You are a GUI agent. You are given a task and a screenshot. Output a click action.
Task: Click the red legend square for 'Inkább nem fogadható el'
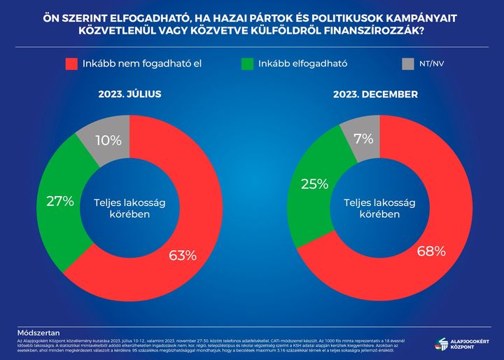(x=71, y=64)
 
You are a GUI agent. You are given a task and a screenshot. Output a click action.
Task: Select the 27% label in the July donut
(x=59, y=202)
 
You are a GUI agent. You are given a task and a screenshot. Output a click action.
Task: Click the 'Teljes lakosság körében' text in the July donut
(x=122, y=208)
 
